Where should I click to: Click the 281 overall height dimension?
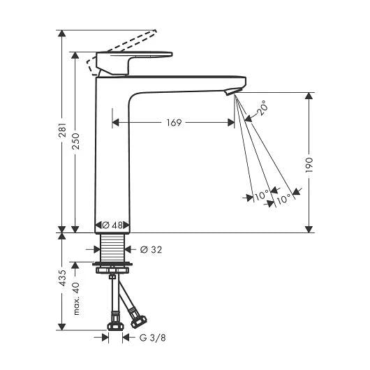click(x=62, y=130)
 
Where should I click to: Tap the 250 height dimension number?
click(x=75, y=141)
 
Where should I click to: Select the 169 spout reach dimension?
click(x=174, y=123)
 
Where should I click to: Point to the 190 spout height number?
click(x=309, y=165)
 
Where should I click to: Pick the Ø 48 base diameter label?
click(x=112, y=225)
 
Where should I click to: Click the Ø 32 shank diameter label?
click(x=151, y=250)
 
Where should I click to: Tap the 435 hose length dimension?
click(x=62, y=278)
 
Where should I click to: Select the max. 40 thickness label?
click(x=76, y=299)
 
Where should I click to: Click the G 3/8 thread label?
click(x=152, y=338)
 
